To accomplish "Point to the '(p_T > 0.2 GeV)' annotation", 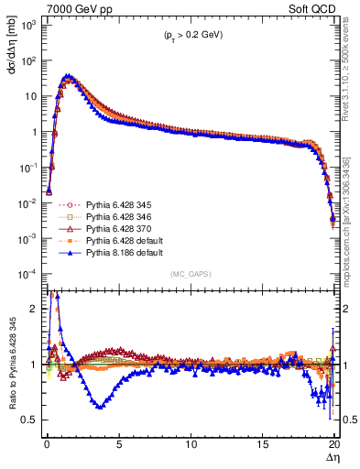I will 188,36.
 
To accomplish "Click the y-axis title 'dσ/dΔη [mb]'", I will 10,46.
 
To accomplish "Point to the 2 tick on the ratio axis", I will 34,309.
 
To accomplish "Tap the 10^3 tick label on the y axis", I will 28,25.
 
